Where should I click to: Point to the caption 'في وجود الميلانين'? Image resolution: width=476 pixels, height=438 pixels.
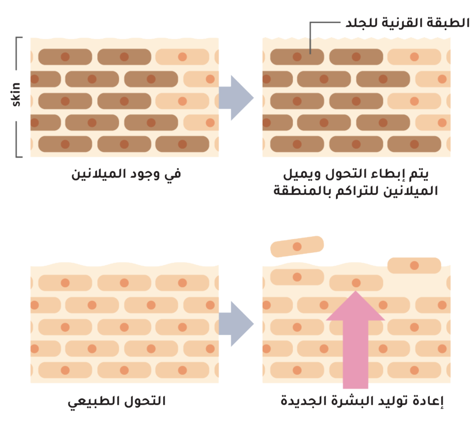point(126,174)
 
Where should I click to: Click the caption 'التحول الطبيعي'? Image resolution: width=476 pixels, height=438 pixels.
point(117,401)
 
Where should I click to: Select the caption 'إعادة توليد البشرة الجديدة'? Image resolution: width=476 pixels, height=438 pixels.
point(363,401)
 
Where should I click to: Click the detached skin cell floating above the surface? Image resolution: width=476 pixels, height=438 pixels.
point(297,246)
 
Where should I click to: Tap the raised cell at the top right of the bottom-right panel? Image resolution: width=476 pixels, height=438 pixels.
point(414,265)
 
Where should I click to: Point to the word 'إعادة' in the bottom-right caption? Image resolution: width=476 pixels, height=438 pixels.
point(430,401)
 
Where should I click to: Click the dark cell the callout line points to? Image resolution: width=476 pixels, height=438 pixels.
point(297,57)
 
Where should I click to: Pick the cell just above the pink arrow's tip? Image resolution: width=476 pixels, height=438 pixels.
point(356,282)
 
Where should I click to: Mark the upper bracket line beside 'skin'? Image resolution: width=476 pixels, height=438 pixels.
point(19,53)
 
